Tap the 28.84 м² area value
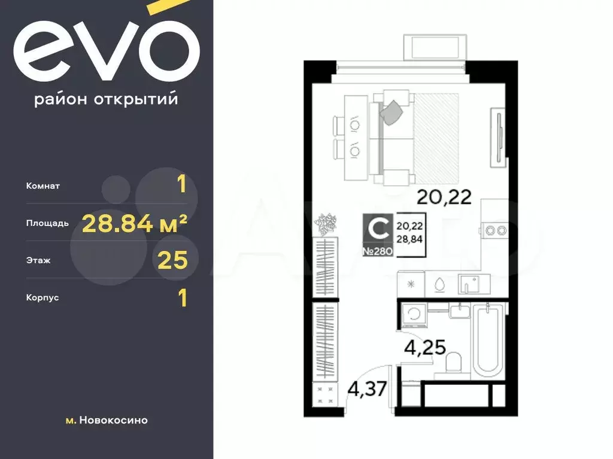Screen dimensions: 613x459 point(135,224)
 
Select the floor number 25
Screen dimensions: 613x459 point(172,261)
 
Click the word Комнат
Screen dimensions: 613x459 point(43,186)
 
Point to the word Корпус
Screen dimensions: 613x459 point(43,298)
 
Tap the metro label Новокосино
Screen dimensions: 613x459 point(113,420)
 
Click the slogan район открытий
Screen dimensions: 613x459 point(107,99)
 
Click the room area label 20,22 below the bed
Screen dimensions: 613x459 point(444,197)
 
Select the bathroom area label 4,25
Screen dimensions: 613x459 point(425,347)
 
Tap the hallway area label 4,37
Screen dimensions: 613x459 point(368,389)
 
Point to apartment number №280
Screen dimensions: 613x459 point(378,252)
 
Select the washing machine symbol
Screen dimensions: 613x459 point(414,314)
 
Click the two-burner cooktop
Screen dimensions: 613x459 point(496,230)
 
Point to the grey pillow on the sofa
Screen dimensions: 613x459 point(392,112)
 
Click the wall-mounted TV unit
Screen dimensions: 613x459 point(499,137)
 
